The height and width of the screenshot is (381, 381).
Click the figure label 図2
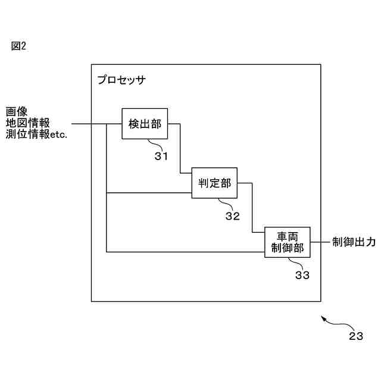[19, 46]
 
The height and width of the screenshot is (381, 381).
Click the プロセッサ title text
[121, 79]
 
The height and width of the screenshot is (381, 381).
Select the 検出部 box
[145, 124]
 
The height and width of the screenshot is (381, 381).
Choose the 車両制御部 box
[288, 243]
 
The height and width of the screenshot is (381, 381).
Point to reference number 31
[161, 157]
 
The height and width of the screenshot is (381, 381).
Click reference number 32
[232, 216]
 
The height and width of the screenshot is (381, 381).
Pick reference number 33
[302, 276]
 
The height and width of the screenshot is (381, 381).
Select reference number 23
[356, 336]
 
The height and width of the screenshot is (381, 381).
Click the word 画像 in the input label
[17, 111]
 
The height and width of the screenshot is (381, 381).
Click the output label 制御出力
[354, 242]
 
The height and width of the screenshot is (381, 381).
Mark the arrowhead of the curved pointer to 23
[323, 318]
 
